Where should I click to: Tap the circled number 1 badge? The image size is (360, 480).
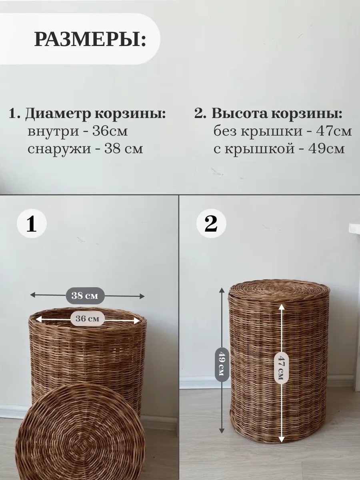(x=32, y=224)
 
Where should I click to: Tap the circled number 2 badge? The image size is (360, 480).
(x=211, y=224)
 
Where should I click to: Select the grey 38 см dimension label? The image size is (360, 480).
(x=85, y=296)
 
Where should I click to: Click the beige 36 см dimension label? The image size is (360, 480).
(x=87, y=319)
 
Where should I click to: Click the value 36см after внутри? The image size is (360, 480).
(x=110, y=131)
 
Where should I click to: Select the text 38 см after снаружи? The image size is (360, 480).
(x=124, y=149)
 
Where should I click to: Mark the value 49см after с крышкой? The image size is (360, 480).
(x=326, y=149)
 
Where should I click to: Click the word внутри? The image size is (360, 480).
(x=53, y=132)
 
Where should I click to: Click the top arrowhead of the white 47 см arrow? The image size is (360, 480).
(x=282, y=308)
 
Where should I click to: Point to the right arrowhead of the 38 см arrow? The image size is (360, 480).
(x=142, y=296)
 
